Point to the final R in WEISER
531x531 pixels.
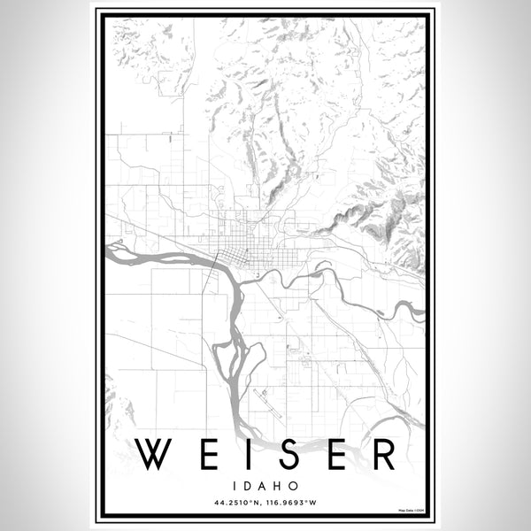[382, 455]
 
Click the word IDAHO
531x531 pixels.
[265, 486]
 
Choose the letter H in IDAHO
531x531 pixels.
[279, 486]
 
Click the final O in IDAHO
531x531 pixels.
[293, 486]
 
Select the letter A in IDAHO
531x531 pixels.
[264, 486]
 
